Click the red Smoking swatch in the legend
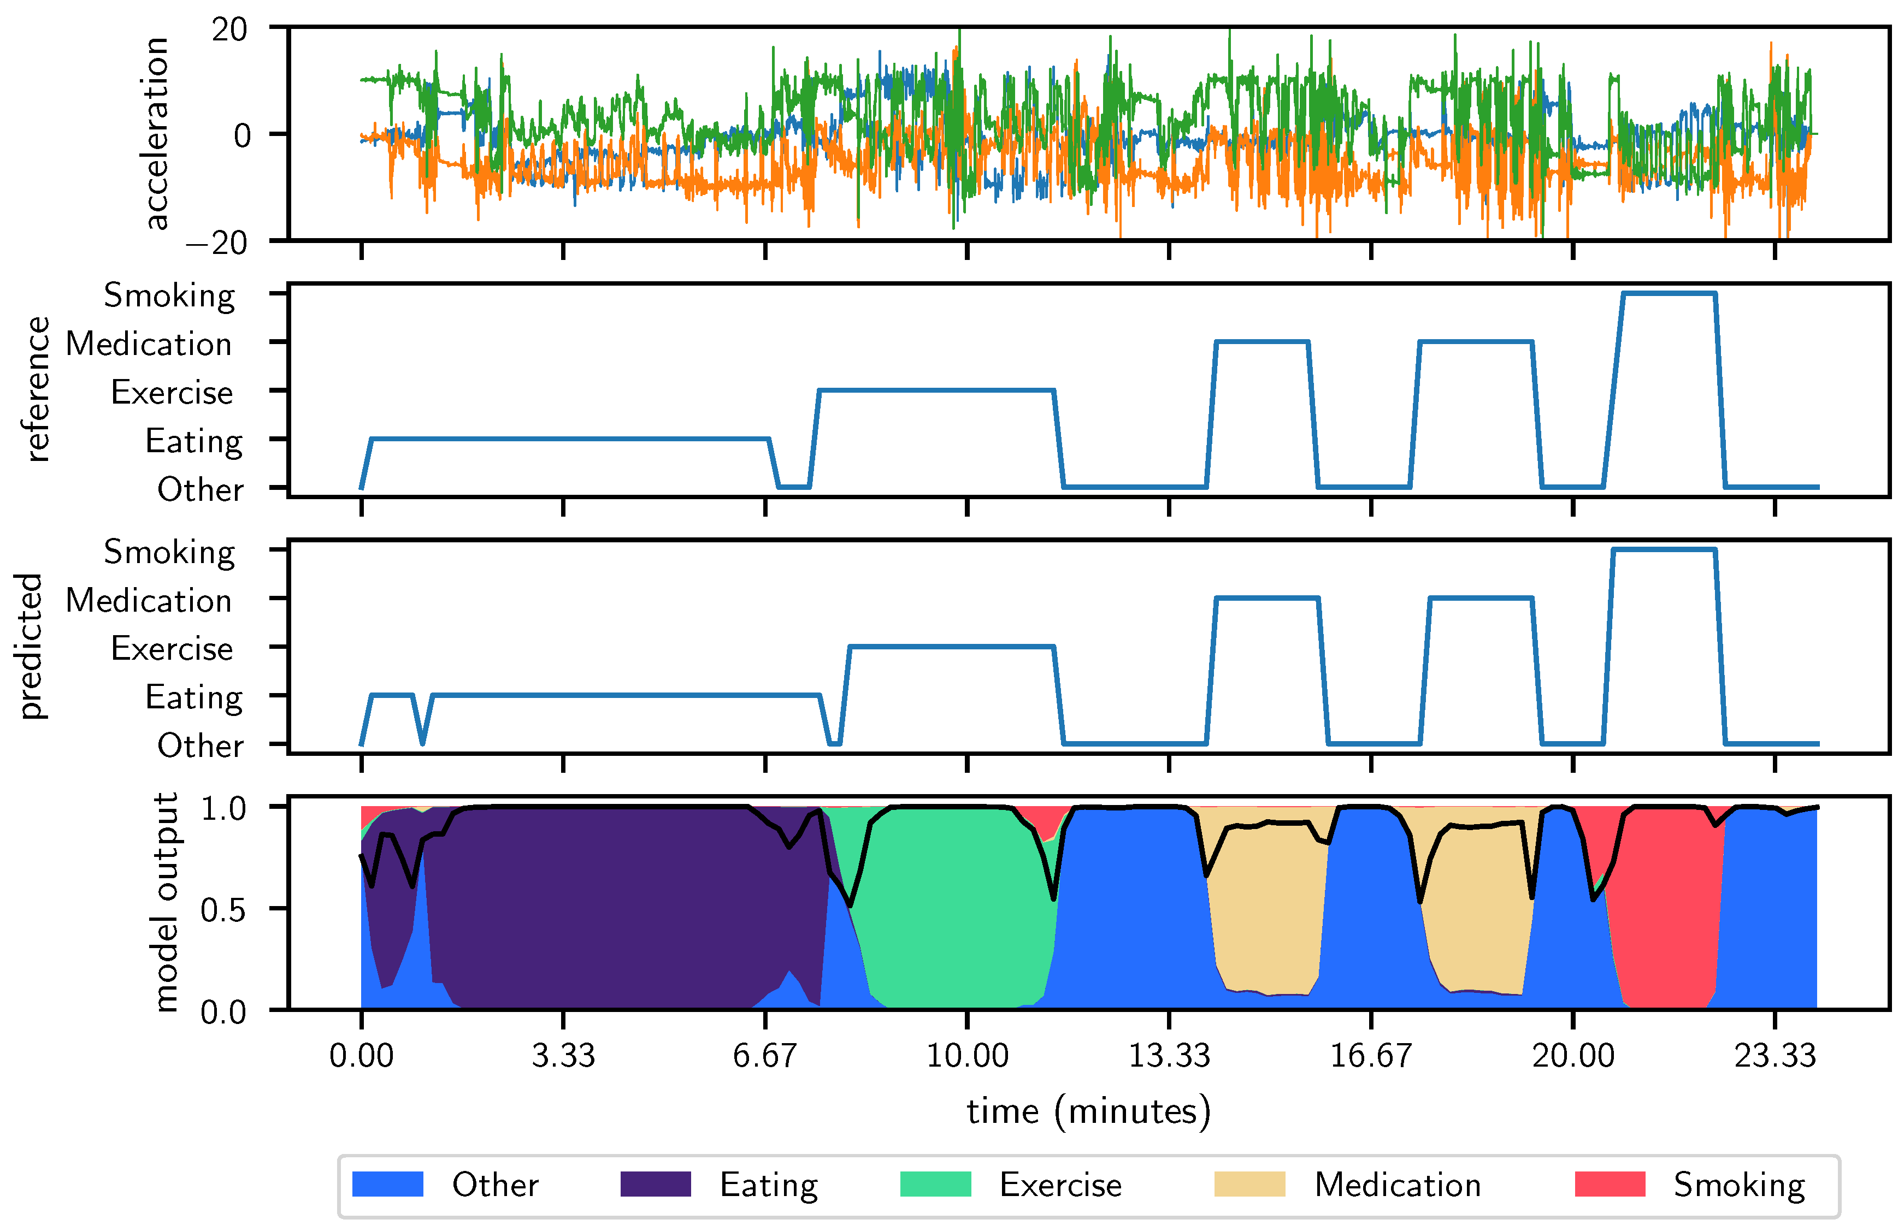click(x=1610, y=1184)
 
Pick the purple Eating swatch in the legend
click(x=655, y=1184)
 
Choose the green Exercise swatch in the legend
click(x=935, y=1184)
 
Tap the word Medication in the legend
click(x=1397, y=1185)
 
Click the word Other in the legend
click(x=495, y=1185)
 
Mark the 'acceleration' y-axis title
click(x=156, y=133)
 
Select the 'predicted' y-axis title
click(x=31, y=646)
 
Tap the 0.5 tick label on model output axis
click(x=223, y=909)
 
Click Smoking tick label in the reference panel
click(x=169, y=296)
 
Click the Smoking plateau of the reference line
click(x=1669, y=293)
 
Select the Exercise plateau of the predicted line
click(x=952, y=647)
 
